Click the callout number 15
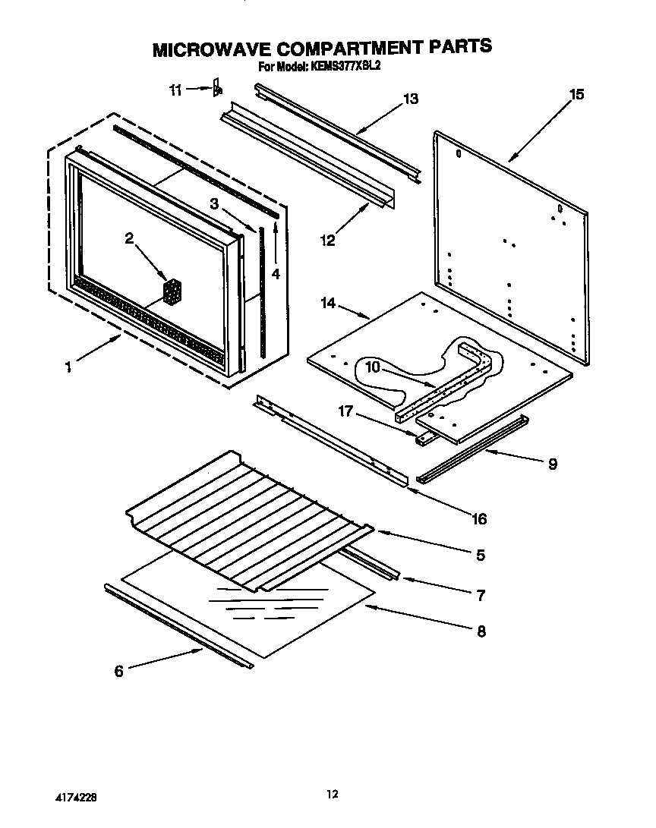pos(576,94)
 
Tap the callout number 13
pos(410,99)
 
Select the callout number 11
pos(175,90)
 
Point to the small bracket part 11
pos(217,88)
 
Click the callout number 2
pos(129,238)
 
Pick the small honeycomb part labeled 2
pos(173,291)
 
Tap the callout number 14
pos(327,303)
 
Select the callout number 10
pos(372,367)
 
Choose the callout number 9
pos(552,464)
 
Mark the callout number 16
pos(479,519)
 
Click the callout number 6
pos(118,671)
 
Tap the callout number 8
pos(481,631)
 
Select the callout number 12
pos(327,241)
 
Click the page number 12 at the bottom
pos(332,794)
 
